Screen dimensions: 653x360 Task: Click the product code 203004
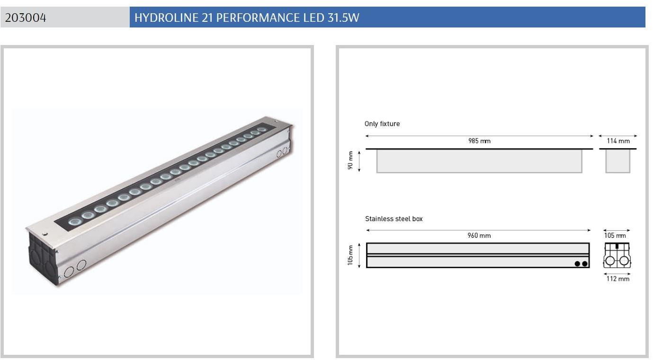26,18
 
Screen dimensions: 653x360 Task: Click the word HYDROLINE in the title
167,18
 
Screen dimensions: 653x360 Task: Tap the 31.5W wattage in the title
343,18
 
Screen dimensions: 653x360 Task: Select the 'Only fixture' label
382,124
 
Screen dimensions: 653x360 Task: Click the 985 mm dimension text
479,141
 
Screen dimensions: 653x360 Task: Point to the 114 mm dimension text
618,141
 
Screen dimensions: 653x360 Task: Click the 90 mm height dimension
350,160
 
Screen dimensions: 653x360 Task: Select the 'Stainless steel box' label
394,219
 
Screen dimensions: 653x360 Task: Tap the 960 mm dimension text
479,235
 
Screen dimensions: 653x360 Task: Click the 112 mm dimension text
618,279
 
